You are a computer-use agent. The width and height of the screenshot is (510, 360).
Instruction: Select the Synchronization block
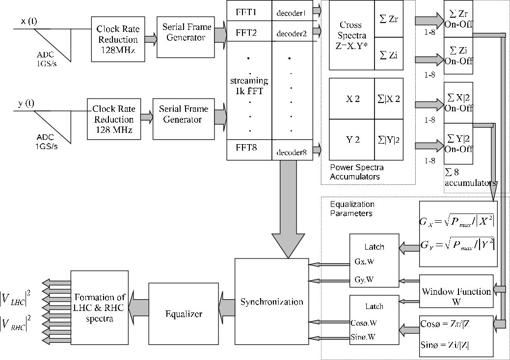[271, 301]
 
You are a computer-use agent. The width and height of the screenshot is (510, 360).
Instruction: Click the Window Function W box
[456, 296]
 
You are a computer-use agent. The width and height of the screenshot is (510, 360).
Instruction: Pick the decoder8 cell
[292, 153]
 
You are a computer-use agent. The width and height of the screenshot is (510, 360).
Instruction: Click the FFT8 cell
[249, 147]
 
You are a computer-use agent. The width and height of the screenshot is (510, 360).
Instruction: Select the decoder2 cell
[292, 34]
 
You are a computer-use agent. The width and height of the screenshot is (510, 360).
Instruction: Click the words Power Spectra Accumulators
[356, 172]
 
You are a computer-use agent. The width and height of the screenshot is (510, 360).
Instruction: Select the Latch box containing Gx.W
[374, 260]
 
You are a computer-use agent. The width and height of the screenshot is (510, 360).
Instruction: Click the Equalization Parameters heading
[351, 208]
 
